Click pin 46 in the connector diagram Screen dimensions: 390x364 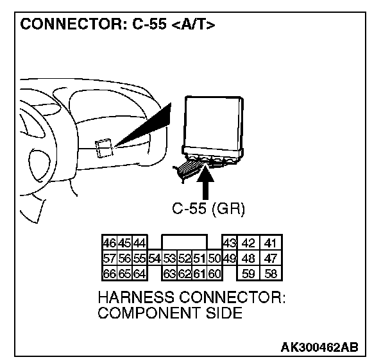coord(109,244)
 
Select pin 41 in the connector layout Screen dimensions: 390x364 coord(271,244)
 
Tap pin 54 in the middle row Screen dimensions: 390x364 coord(154,259)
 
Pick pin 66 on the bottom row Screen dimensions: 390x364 coord(109,274)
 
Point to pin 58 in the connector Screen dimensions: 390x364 coord(271,274)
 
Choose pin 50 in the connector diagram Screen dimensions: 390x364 coord(214,259)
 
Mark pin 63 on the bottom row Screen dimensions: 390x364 coord(169,274)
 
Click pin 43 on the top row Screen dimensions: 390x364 coord(228,244)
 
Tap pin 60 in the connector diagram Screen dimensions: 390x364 coord(214,274)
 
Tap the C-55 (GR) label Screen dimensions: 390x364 coord(209,209)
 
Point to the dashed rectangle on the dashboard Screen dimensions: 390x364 coord(103,148)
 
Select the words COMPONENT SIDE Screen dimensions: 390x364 coord(170,313)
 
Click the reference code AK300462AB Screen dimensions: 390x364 coord(319,347)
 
